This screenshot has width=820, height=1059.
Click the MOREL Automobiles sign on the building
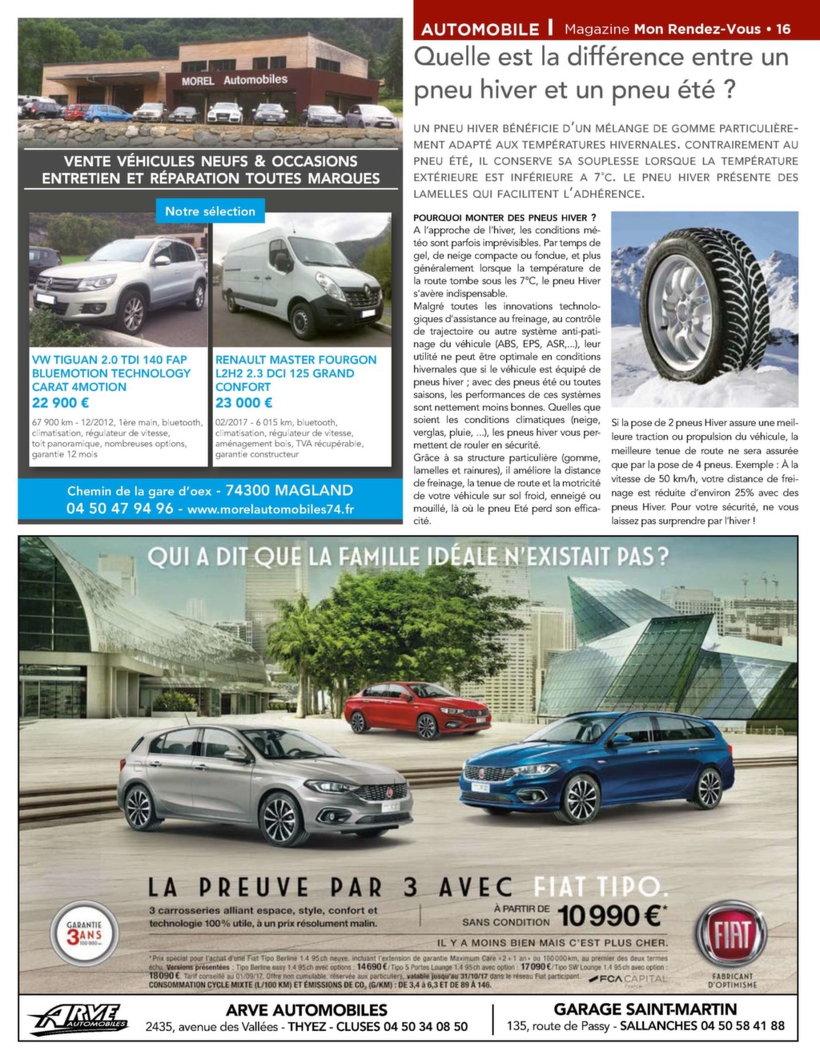(234, 80)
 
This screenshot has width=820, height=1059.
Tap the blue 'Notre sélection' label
(210, 211)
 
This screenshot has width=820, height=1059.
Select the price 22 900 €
(61, 403)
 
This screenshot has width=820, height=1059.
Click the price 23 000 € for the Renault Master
(244, 403)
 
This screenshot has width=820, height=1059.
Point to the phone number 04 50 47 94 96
(120, 509)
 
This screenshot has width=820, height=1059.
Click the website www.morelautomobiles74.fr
(271, 509)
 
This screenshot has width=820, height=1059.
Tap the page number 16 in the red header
(783, 29)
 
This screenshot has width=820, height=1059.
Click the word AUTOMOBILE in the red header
(480, 30)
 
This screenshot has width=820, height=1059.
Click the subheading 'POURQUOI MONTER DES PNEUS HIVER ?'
(504, 218)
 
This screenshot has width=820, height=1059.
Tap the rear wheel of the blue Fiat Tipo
(709, 788)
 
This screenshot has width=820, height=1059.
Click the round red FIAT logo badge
(730, 934)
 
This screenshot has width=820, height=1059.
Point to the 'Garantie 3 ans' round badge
(84, 933)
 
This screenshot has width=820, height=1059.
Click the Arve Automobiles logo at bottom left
(78, 1019)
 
